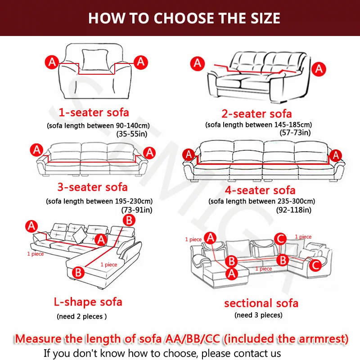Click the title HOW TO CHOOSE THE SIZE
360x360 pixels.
click(x=184, y=18)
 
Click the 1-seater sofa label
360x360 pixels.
click(x=94, y=112)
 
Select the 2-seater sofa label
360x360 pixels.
click(x=256, y=113)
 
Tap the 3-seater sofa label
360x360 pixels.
click(x=92, y=187)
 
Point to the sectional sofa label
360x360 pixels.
click(x=261, y=303)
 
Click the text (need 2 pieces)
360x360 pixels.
click(x=81, y=316)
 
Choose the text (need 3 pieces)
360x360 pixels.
click(x=258, y=315)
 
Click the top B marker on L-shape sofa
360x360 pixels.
click(x=129, y=220)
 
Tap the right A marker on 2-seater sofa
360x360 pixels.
click(x=319, y=69)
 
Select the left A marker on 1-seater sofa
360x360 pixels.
click(x=52, y=62)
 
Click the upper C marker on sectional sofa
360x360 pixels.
click(x=280, y=238)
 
